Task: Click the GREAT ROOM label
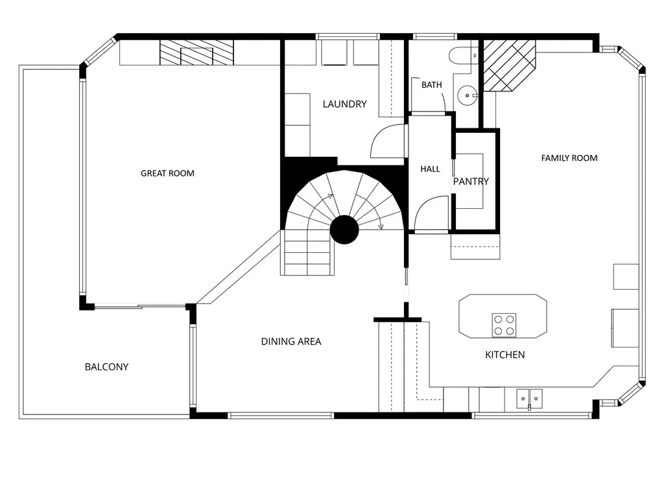[167, 173]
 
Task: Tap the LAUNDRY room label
[344, 104]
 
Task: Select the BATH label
[431, 85]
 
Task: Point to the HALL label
[430, 169]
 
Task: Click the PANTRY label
[471, 182]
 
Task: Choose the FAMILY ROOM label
[569, 158]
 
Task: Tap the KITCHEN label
[504, 355]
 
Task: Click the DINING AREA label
[290, 341]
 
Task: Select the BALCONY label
[106, 367]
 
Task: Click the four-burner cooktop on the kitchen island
[504, 325]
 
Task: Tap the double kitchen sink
[529, 398]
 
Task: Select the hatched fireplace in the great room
[196, 53]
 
